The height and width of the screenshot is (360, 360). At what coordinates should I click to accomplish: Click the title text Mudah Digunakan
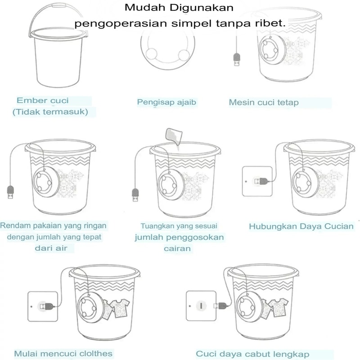[x=179, y=8]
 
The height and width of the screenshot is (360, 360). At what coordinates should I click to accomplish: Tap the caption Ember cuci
[x=43, y=100]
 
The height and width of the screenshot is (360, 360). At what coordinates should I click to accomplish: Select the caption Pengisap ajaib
[x=166, y=102]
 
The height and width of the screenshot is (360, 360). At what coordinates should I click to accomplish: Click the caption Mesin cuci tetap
[x=264, y=103]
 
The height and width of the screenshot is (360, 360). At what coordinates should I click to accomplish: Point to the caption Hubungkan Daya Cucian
[x=301, y=226]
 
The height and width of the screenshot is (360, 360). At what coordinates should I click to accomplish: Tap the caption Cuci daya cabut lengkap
[x=252, y=354]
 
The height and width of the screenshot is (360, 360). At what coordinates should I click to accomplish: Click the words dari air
[x=51, y=248]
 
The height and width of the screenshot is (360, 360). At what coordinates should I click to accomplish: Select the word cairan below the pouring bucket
[x=177, y=248]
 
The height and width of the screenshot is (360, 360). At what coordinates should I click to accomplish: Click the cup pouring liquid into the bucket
[x=174, y=136]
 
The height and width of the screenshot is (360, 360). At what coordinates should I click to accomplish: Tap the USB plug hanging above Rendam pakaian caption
[x=10, y=193]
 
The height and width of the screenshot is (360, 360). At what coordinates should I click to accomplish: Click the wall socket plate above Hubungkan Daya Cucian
[x=257, y=181]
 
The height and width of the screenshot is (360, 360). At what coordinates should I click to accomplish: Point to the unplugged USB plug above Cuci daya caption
[x=220, y=306]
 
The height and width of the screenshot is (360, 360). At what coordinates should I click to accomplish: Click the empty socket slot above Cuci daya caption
[x=201, y=306]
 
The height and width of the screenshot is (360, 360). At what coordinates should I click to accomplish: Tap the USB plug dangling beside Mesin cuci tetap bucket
[x=237, y=59]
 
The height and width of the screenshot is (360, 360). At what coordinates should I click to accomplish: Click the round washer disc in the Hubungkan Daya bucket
[x=306, y=182]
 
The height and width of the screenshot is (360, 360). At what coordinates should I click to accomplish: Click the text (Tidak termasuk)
[x=50, y=112]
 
